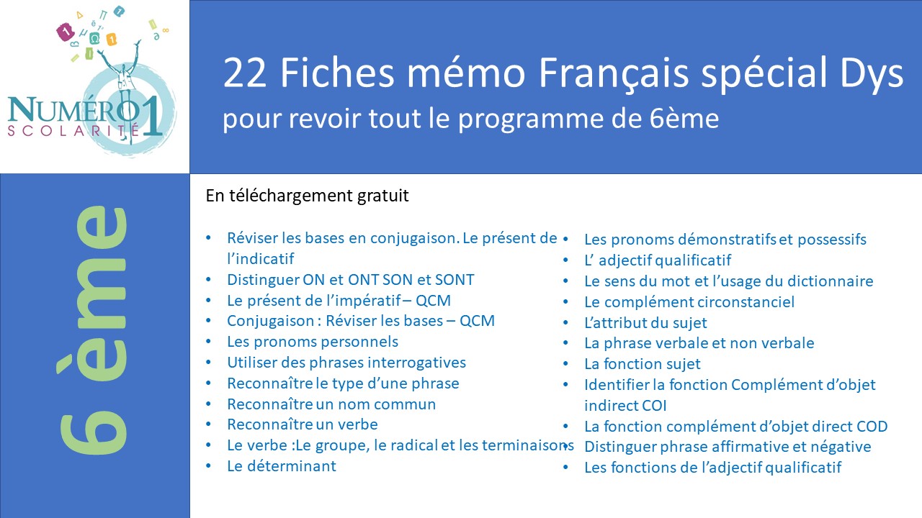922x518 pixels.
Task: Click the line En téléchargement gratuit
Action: [x=307, y=196]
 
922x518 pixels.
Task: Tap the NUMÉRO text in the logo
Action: [x=73, y=109]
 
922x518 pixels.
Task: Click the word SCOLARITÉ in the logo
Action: [x=73, y=130]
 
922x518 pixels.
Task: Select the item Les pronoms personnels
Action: [x=313, y=342]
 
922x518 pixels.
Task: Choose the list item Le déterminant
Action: [x=282, y=466]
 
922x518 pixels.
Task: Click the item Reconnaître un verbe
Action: [x=302, y=424]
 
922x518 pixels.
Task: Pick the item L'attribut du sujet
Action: [x=645, y=323]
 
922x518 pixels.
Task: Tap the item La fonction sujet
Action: [x=642, y=364]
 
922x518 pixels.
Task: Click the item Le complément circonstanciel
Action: [x=689, y=302]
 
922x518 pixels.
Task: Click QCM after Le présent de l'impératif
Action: [x=433, y=301]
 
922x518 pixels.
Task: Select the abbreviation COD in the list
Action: [x=872, y=427]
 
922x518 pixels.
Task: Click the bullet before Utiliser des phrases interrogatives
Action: [x=209, y=362]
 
